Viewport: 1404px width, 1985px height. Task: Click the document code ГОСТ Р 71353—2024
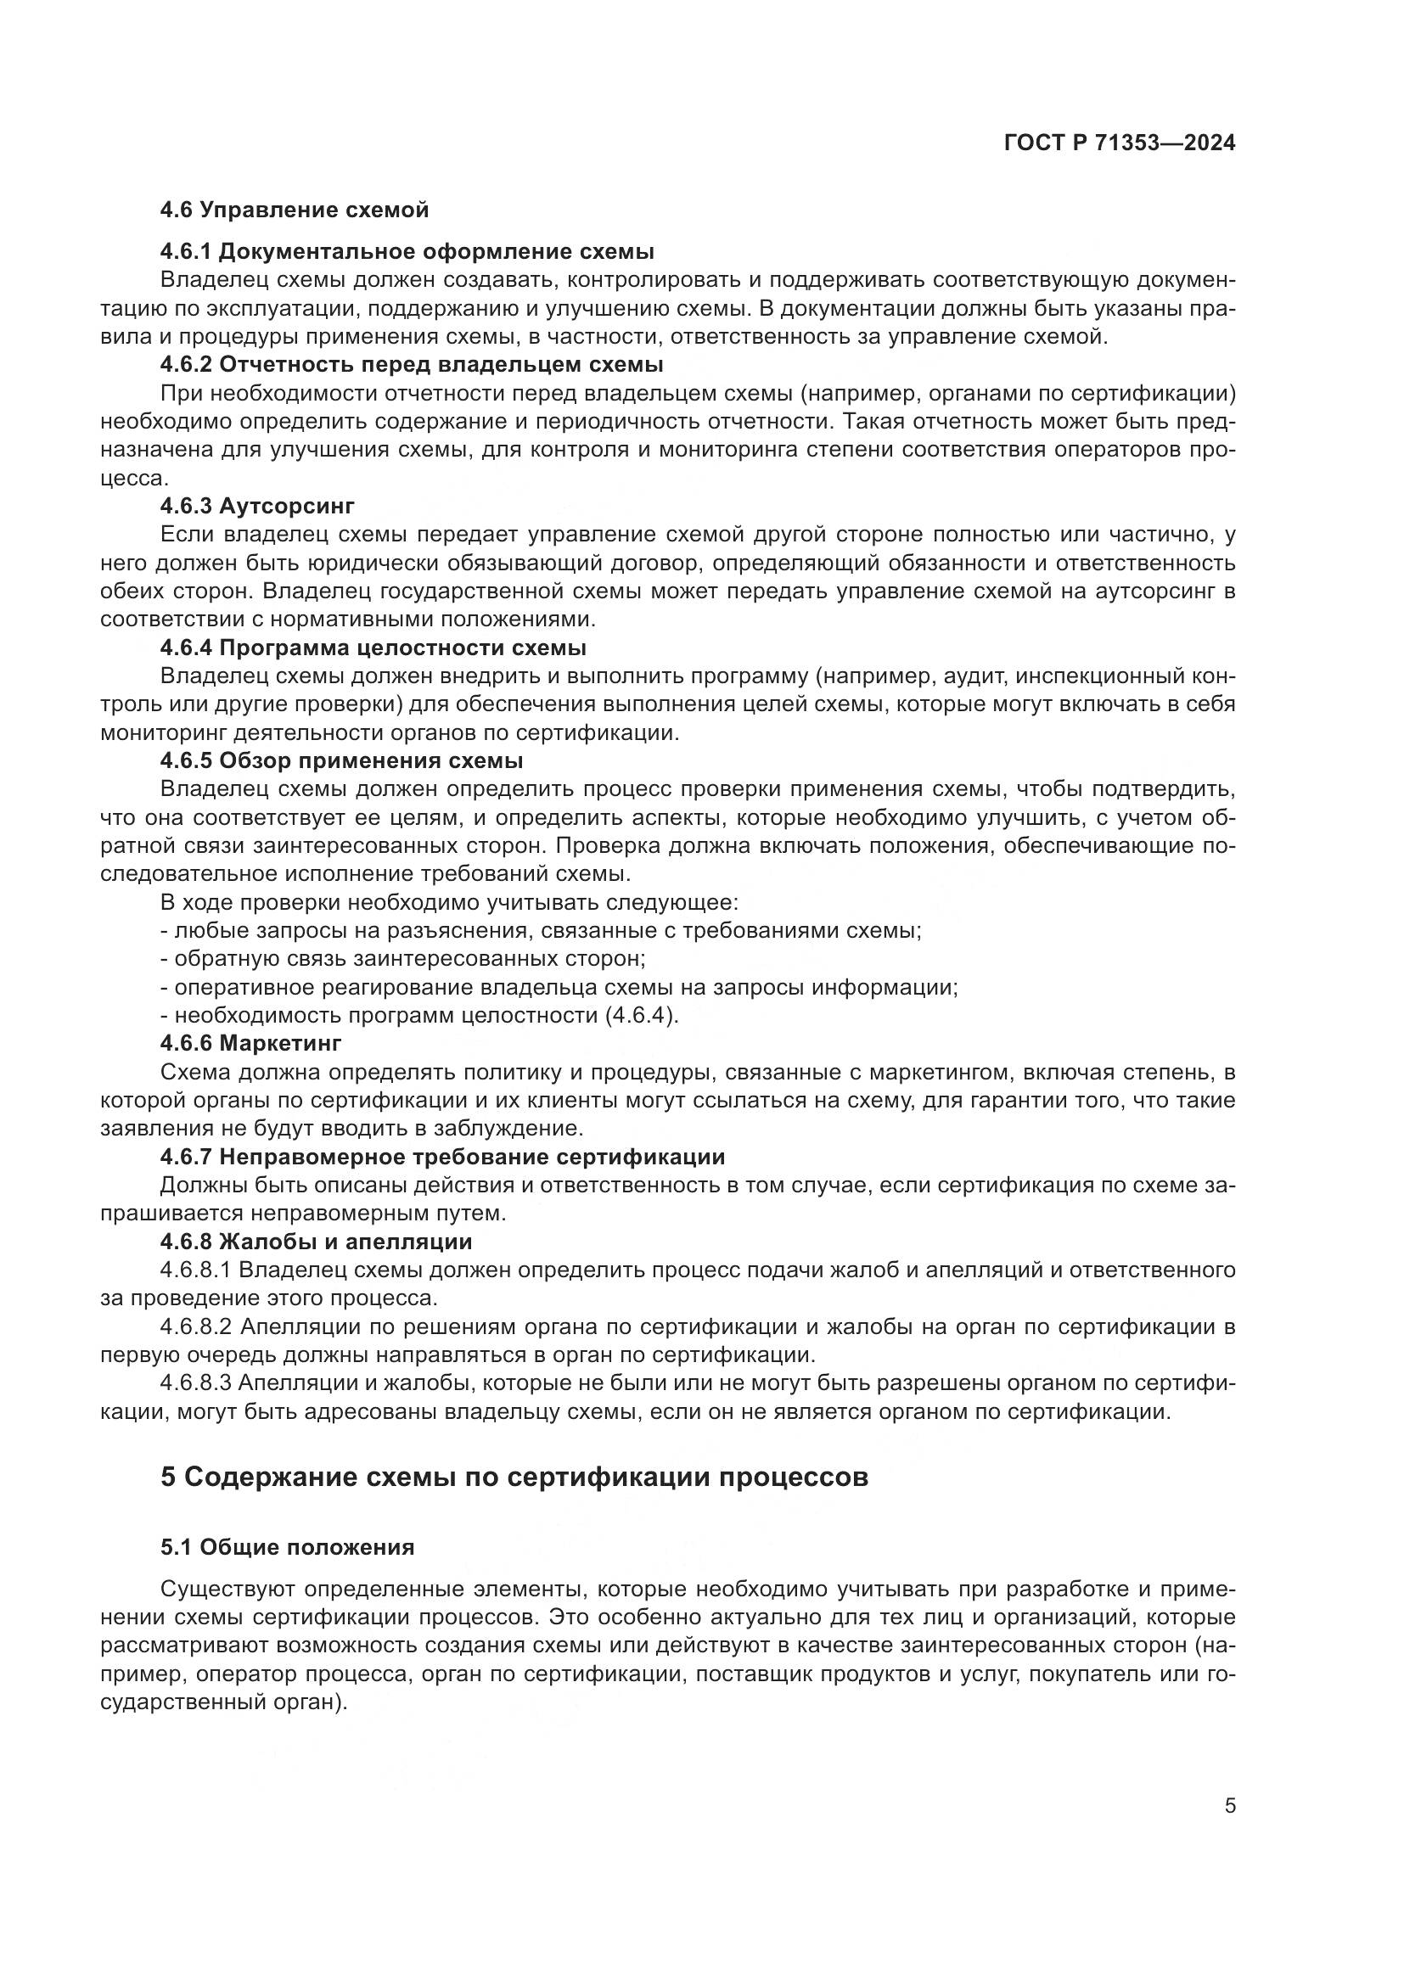click(x=1120, y=143)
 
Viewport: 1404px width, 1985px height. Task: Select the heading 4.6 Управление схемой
click(x=294, y=210)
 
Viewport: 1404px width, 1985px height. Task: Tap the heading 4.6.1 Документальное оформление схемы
click(x=407, y=251)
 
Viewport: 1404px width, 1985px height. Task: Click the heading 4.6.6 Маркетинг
click(x=250, y=1044)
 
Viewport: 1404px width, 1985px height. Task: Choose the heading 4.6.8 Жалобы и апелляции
click(x=316, y=1242)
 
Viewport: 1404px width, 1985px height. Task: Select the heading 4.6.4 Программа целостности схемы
click(x=373, y=648)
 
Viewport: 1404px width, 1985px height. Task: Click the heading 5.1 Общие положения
click(x=287, y=1548)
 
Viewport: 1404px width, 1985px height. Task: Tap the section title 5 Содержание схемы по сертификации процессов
click(x=514, y=1477)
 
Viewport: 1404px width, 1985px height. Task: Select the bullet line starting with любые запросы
click(x=541, y=931)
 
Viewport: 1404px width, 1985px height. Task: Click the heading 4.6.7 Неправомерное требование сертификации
click(x=441, y=1157)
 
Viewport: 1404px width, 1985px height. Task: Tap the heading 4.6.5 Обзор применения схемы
click(x=341, y=760)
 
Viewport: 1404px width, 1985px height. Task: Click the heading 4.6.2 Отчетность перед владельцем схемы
click(x=412, y=364)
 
